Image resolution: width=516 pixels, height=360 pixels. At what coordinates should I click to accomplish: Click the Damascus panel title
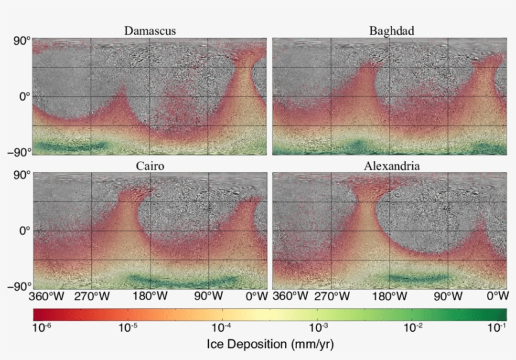(150, 30)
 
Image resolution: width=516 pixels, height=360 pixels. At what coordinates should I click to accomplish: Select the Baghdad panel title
(391, 30)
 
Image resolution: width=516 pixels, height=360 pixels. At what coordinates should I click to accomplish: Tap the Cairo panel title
(150, 166)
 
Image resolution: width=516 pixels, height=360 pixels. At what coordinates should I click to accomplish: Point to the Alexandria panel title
(391, 166)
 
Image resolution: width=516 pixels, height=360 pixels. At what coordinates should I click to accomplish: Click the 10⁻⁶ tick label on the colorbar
(42, 327)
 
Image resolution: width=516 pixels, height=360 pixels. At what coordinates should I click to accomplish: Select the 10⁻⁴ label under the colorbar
(222, 327)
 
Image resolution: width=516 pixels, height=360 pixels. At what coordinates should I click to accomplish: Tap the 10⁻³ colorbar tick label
(317, 327)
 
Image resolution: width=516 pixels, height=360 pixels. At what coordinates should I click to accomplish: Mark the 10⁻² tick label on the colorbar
(412, 327)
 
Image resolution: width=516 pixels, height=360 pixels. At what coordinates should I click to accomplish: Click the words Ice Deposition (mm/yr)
(271, 344)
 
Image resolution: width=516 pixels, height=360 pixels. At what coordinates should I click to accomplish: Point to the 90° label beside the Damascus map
(21, 41)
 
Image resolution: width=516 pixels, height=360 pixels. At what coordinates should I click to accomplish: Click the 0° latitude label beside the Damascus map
(23, 96)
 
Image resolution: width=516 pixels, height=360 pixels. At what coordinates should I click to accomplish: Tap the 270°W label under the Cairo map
(92, 296)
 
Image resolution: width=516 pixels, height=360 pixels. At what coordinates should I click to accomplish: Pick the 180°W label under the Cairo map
(150, 296)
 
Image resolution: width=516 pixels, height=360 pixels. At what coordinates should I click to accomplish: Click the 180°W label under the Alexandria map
(389, 296)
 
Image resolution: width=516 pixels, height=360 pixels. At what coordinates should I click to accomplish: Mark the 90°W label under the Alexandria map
(447, 296)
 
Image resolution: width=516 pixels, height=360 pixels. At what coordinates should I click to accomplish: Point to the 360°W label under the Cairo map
(45, 296)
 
